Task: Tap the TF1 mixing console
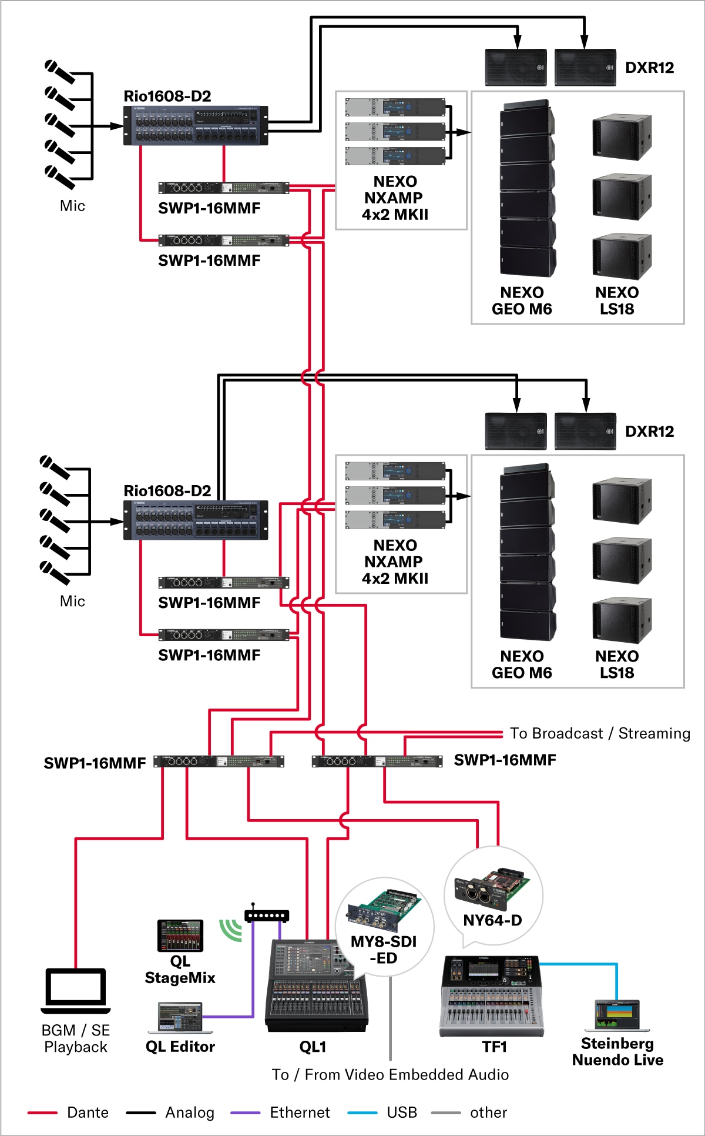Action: pyautogui.click(x=492, y=997)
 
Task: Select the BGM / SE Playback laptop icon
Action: pyautogui.click(x=76, y=991)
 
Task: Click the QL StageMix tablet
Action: pyautogui.click(x=180, y=935)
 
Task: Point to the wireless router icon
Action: pyautogui.click(x=267, y=915)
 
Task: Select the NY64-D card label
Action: pyautogui.click(x=492, y=920)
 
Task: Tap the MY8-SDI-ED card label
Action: pyautogui.click(x=384, y=950)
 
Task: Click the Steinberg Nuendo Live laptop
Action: pyautogui.click(x=617, y=1015)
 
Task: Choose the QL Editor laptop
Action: pyautogui.click(x=180, y=1018)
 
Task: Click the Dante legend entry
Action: pyautogui.click(x=88, y=1112)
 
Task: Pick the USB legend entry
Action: pyautogui.click(x=402, y=1112)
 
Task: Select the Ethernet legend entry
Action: pyautogui.click(x=300, y=1112)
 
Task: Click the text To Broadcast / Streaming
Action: pyautogui.click(x=600, y=733)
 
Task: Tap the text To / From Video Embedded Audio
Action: pyautogui.click(x=390, y=1075)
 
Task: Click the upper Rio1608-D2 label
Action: pyautogui.click(x=167, y=96)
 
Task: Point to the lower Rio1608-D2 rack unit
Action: pyautogui.click(x=196, y=520)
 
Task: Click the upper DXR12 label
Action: pyautogui.click(x=649, y=68)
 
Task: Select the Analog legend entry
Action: pyautogui.click(x=189, y=1112)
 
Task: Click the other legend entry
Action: pyautogui.click(x=488, y=1112)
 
